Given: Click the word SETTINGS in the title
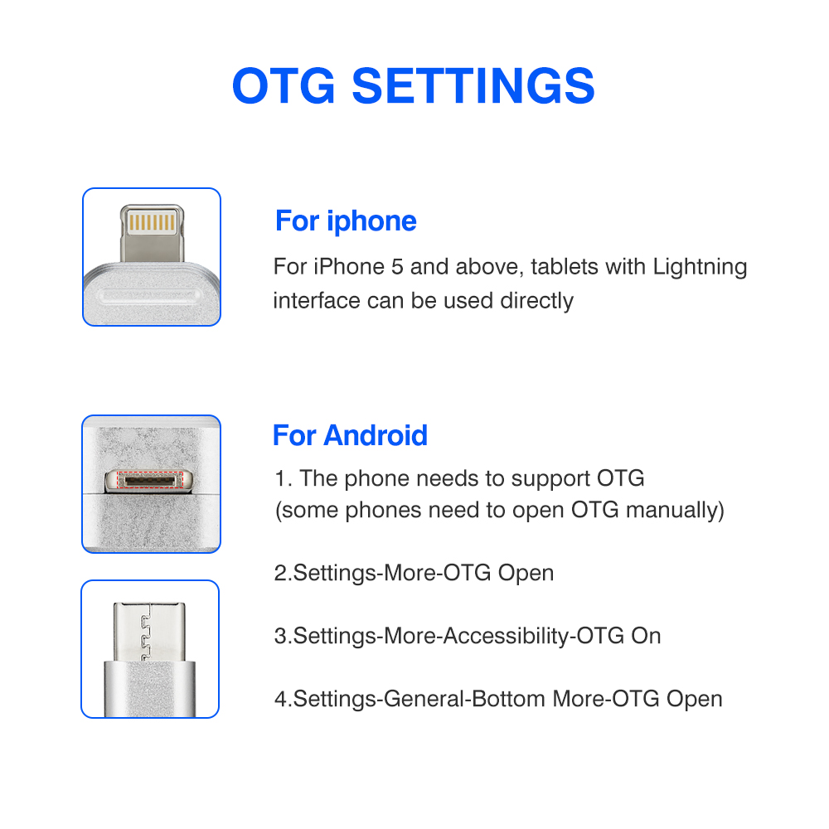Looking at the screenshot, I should (473, 85).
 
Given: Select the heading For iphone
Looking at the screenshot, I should (346, 221).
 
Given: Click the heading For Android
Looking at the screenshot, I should (350, 435).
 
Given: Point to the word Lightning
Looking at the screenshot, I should (700, 268).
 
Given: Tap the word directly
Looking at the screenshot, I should (536, 300).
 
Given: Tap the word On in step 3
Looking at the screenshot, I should (646, 636).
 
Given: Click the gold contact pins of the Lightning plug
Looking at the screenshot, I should (151, 223).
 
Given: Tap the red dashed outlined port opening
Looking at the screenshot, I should (151, 481).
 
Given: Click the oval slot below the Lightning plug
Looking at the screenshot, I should (151, 295).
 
